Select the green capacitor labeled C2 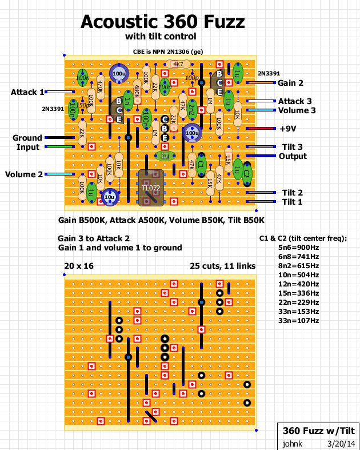[247, 172]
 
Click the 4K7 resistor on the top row [178, 65]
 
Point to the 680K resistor [137, 90]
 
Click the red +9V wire [260, 129]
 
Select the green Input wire [59, 147]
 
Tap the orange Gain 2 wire [260, 83]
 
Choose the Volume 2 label [24, 174]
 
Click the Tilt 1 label [292, 202]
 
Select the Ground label [27, 138]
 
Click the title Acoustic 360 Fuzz [163, 22]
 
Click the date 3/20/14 [341, 443]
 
